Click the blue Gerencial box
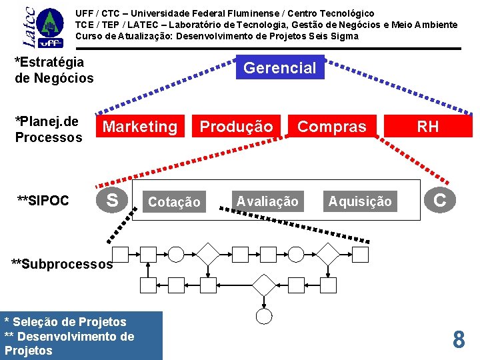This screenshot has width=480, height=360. pyautogui.click(x=280, y=67)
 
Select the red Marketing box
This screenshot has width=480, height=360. pyautogui.click(x=141, y=126)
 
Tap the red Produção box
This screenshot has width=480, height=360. pyautogui.click(x=237, y=126)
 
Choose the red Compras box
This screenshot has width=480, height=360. pyautogui.click(x=332, y=126)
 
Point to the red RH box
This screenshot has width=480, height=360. pyautogui.click(x=427, y=126)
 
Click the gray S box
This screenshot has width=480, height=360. pyautogui.click(x=113, y=199)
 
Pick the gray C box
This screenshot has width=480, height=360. pyautogui.click(x=440, y=199)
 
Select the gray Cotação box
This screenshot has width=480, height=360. pyautogui.click(x=174, y=201)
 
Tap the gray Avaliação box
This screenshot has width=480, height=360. pyautogui.click(x=267, y=201)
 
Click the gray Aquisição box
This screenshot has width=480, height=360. pyautogui.click(x=360, y=201)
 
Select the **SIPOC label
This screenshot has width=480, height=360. pyautogui.click(x=43, y=200)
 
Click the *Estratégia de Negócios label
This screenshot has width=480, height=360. pyautogui.click(x=54, y=70)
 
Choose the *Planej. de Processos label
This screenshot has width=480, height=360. pyautogui.click(x=48, y=129)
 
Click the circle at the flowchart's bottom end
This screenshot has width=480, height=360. pyautogui.click(x=264, y=315)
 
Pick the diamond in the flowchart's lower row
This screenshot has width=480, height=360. pyautogui.click(x=264, y=285)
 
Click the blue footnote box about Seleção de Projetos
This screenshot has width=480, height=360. pyautogui.click(x=81, y=336)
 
